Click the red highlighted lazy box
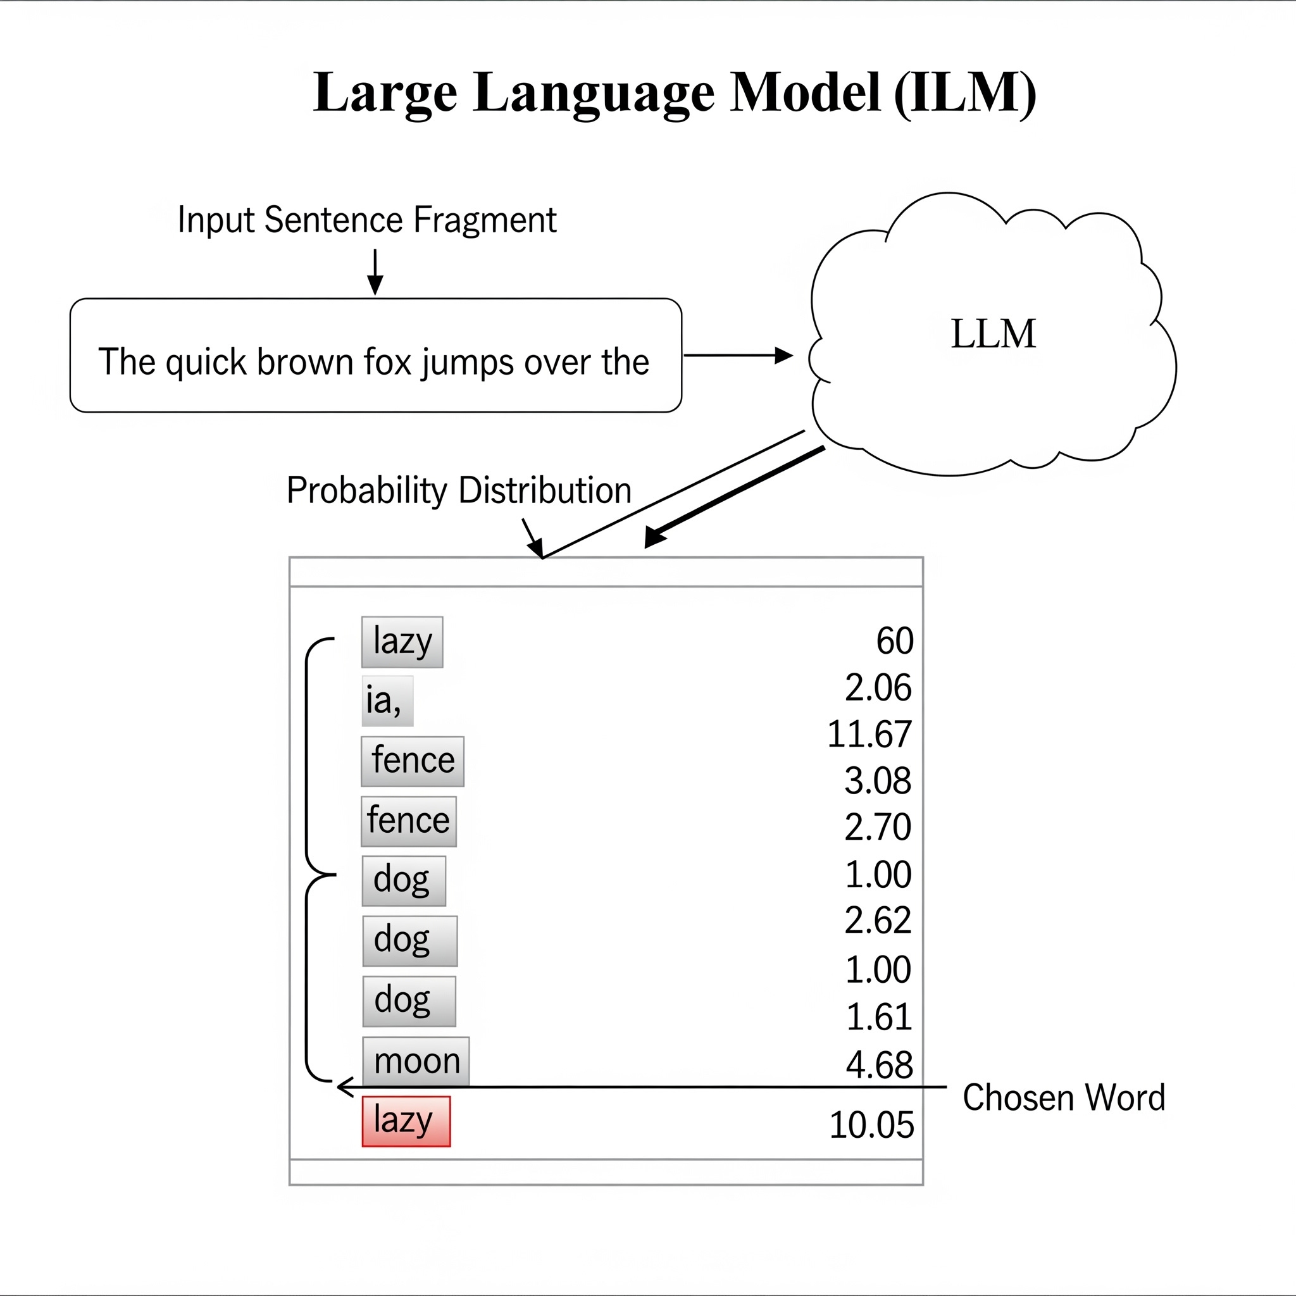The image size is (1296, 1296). [x=406, y=1121]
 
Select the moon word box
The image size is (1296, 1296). [x=416, y=1061]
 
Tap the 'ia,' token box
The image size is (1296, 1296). [x=387, y=701]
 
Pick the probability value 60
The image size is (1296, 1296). [x=894, y=640]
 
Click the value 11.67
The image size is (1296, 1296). [x=869, y=734]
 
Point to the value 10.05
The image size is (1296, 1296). [x=871, y=1125]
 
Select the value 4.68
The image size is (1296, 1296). [x=879, y=1064]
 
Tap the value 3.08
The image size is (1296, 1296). [x=878, y=781]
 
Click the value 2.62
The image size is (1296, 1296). [x=878, y=919]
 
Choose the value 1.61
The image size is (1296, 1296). [x=879, y=1017]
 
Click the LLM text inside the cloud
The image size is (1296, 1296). [x=993, y=333]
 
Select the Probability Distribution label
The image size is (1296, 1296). [x=459, y=490]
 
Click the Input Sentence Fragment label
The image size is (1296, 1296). [x=367, y=220]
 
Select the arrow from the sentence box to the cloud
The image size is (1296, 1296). [x=738, y=356]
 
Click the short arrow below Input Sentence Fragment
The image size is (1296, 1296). [x=376, y=271]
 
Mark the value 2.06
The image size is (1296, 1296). [x=878, y=688]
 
